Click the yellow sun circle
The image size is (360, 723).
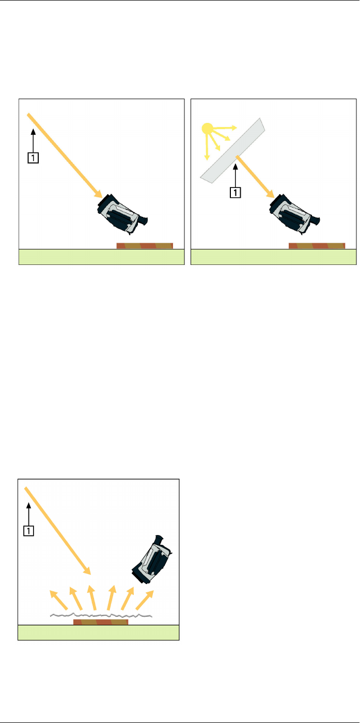tap(208, 129)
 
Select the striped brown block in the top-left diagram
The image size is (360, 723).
tap(144, 246)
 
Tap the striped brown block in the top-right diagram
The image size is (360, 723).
tap(317, 246)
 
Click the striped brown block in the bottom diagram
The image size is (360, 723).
tap(100, 622)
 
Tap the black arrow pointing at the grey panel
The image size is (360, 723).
tap(236, 176)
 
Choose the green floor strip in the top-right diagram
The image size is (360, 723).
tap(274, 257)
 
